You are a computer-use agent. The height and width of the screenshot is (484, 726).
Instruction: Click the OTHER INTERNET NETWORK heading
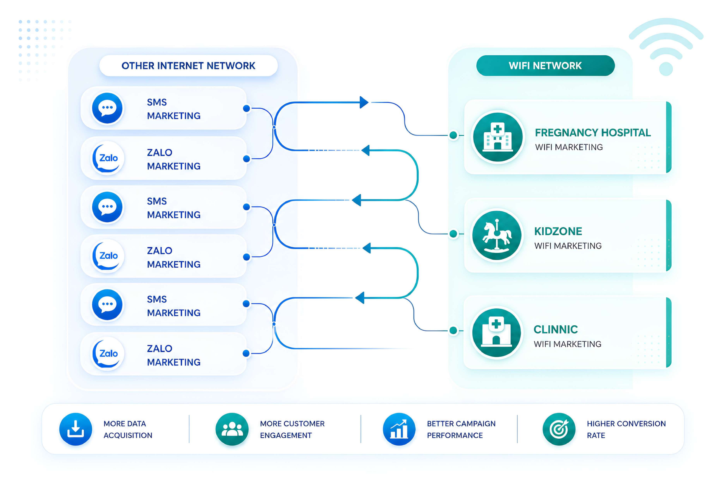tap(188, 66)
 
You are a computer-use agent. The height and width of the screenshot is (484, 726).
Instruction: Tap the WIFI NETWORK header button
tap(545, 65)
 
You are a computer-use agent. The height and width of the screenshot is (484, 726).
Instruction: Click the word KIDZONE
tap(558, 231)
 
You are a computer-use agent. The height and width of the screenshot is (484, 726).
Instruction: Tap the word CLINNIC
tap(556, 329)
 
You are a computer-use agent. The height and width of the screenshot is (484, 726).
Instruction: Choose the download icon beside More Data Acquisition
tap(76, 429)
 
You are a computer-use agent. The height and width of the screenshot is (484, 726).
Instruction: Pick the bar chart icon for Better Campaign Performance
tap(399, 429)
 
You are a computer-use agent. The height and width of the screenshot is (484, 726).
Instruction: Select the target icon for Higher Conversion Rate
tap(559, 429)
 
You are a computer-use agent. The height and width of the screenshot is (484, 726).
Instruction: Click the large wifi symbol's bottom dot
tap(666, 69)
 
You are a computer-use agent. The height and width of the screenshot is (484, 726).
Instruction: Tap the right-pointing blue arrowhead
tap(364, 102)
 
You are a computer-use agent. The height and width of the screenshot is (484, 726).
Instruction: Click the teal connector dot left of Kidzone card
tap(453, 234)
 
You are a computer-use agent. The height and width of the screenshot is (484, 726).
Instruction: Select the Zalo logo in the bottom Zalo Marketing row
tap(108, 354)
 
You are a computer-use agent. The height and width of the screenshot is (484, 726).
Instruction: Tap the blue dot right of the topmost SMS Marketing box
tap(246, 108)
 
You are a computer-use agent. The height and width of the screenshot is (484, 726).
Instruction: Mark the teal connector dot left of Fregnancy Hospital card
tap(453, 135)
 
